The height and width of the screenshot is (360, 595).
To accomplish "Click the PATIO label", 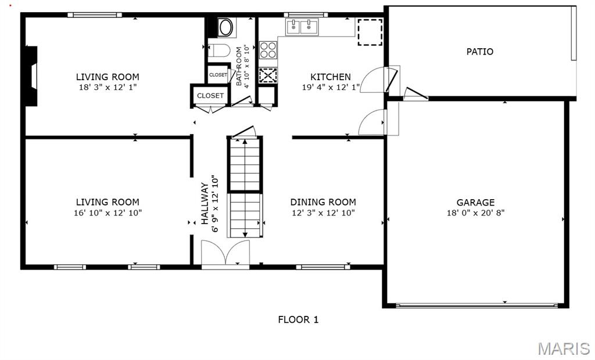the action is coord(479,52).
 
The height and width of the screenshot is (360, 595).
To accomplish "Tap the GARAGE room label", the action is coord(475,203).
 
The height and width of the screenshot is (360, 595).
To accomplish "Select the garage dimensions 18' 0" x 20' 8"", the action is coord(475,213).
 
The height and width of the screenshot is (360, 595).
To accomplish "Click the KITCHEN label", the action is coord(331,77).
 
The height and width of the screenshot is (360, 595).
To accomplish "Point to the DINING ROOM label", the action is coord(323,202).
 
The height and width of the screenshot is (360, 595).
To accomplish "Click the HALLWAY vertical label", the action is coord(205,203).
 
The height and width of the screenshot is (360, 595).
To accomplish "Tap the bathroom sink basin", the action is coord(226,27).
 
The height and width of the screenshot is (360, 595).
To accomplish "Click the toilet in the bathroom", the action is coord(219,51).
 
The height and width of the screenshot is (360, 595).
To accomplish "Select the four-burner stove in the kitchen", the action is coord(268,50).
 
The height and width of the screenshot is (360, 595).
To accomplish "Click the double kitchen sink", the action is coord(302,27).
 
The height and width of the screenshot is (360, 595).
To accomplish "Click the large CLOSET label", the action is coord(210,96).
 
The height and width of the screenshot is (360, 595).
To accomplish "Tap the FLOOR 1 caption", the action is coord(298,320).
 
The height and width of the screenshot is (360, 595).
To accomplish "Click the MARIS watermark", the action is coord(564,348).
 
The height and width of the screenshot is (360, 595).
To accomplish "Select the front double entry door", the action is coord(225,254).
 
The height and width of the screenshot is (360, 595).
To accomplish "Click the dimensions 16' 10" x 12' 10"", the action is coord(107,213).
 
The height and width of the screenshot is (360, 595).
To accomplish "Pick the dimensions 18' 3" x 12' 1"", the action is coord(107,87).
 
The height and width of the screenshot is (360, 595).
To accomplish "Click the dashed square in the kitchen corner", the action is coord(370,33).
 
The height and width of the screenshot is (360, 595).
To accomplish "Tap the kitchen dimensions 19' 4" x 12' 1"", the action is coord(331,88).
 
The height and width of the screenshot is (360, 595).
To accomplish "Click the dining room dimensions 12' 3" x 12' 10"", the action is coord(323,213).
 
